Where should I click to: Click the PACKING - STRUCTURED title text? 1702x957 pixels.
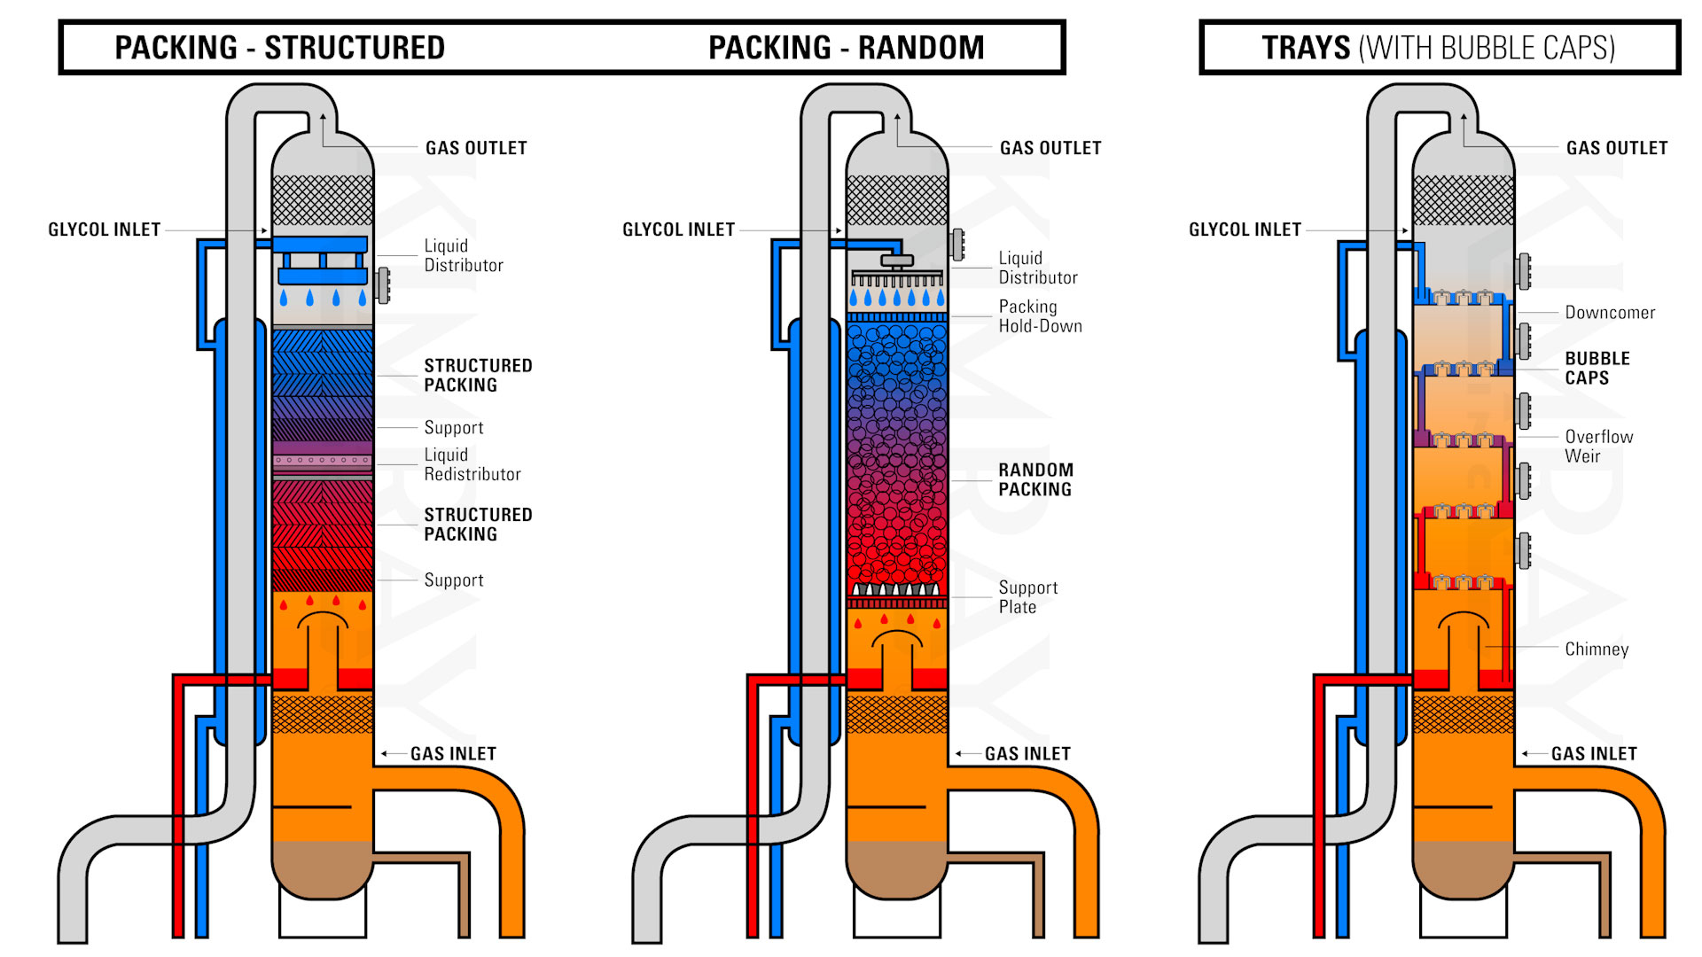pos(279,48)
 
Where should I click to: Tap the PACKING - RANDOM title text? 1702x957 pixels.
pos(846,48)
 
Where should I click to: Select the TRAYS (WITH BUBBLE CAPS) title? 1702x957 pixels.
pos(1438,48)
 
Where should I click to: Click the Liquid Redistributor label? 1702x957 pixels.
pos(472,464)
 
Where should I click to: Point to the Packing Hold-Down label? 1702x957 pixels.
pos(1039,316)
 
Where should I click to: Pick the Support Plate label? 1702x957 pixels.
pos(1027,597)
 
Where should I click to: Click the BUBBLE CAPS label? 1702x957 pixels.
pos(1597,368)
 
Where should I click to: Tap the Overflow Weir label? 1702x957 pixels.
pos(1597,447)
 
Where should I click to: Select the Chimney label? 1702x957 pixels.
pos(1596,650)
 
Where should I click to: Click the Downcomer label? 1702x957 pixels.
pos(1609,313)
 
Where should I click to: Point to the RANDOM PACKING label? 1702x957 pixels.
pos(1034,479)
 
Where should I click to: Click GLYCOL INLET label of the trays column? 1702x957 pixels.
pos(1244,230)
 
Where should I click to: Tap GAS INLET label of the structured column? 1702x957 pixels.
pos(452,754)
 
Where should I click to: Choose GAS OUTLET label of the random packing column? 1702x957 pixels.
pos(1050,148)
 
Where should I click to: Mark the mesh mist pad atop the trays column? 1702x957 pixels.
pos(1463,199)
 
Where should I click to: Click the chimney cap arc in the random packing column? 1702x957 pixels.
pos(896,637)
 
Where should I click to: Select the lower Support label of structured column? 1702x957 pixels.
pos(453,580)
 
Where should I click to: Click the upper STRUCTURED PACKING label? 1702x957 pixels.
pos(477,375)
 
